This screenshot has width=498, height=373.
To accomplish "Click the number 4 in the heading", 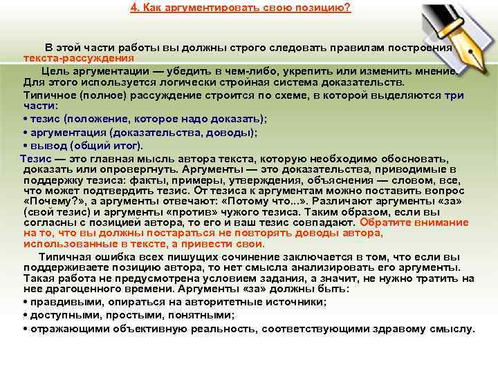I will click(133, 8).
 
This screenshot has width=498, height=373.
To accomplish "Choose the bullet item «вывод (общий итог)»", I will click(83, 146).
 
